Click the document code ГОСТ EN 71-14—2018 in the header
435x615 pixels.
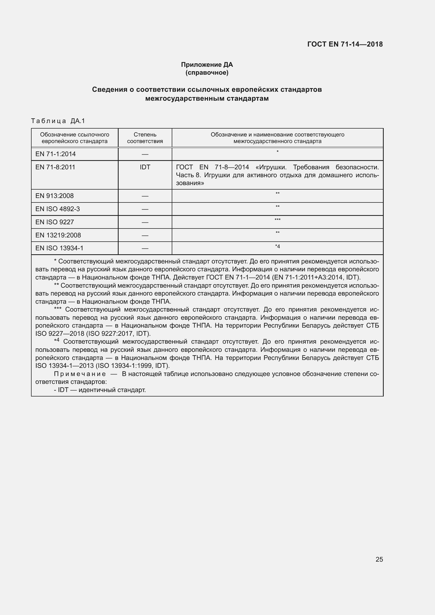coord(345,44)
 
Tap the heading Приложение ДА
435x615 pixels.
coord(207,65)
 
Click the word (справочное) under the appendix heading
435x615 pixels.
coord(207,73)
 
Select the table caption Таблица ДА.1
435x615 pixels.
coord(58,121)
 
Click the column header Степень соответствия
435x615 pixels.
coord(145,138)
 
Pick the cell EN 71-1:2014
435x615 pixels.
coord(55,154)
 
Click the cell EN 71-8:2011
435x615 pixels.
coord(55,167)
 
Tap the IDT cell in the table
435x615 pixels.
coord(145,167)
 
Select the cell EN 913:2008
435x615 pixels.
coord(54,196)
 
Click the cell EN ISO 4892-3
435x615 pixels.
coord(58,209)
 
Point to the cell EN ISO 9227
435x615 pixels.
coord(55,222)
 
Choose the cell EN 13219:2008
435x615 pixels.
coord(58,235)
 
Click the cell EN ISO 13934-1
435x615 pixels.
coord(59,248)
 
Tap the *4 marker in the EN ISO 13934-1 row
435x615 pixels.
coord(277,246)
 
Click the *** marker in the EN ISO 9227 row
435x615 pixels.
coord(277,220)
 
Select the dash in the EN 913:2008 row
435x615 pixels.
coord(145,196)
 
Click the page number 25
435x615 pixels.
coord(379,559)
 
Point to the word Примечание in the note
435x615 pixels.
coord(79,374)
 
